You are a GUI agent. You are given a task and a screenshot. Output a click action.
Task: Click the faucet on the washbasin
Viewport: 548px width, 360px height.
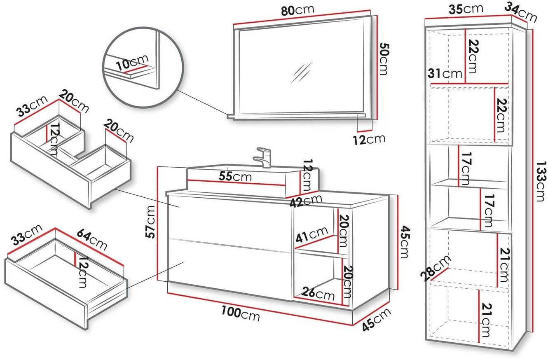[x=263, y=157]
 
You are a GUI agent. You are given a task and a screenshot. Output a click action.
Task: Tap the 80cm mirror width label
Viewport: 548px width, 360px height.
[x=298, y=10]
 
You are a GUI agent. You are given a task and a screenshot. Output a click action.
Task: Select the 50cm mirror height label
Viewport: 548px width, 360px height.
[x=383, y=59]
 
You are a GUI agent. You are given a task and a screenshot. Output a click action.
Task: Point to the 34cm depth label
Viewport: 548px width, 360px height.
[x=521, y=13]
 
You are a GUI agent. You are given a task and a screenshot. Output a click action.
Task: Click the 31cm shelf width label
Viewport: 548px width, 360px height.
[x=445, y=74]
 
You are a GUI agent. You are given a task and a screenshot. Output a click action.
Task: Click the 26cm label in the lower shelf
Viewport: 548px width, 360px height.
[x=317, y=294]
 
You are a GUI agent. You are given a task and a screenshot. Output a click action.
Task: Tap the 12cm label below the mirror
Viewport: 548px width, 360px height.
[x=369, y=140]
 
